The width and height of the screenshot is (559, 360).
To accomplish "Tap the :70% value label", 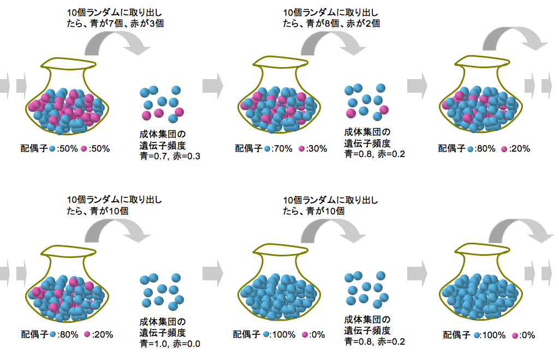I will [x=282, y=148].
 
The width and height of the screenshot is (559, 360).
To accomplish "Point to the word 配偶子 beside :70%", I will [x=248, y=148].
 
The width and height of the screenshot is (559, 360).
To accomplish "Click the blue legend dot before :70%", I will [x=267, y=148].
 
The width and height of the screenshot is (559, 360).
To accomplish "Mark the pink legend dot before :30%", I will [x=302, y=148].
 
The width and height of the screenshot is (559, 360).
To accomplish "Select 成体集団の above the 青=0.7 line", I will [x=163, y=134].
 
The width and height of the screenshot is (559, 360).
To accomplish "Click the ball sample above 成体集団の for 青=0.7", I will [x=162, y=103].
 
